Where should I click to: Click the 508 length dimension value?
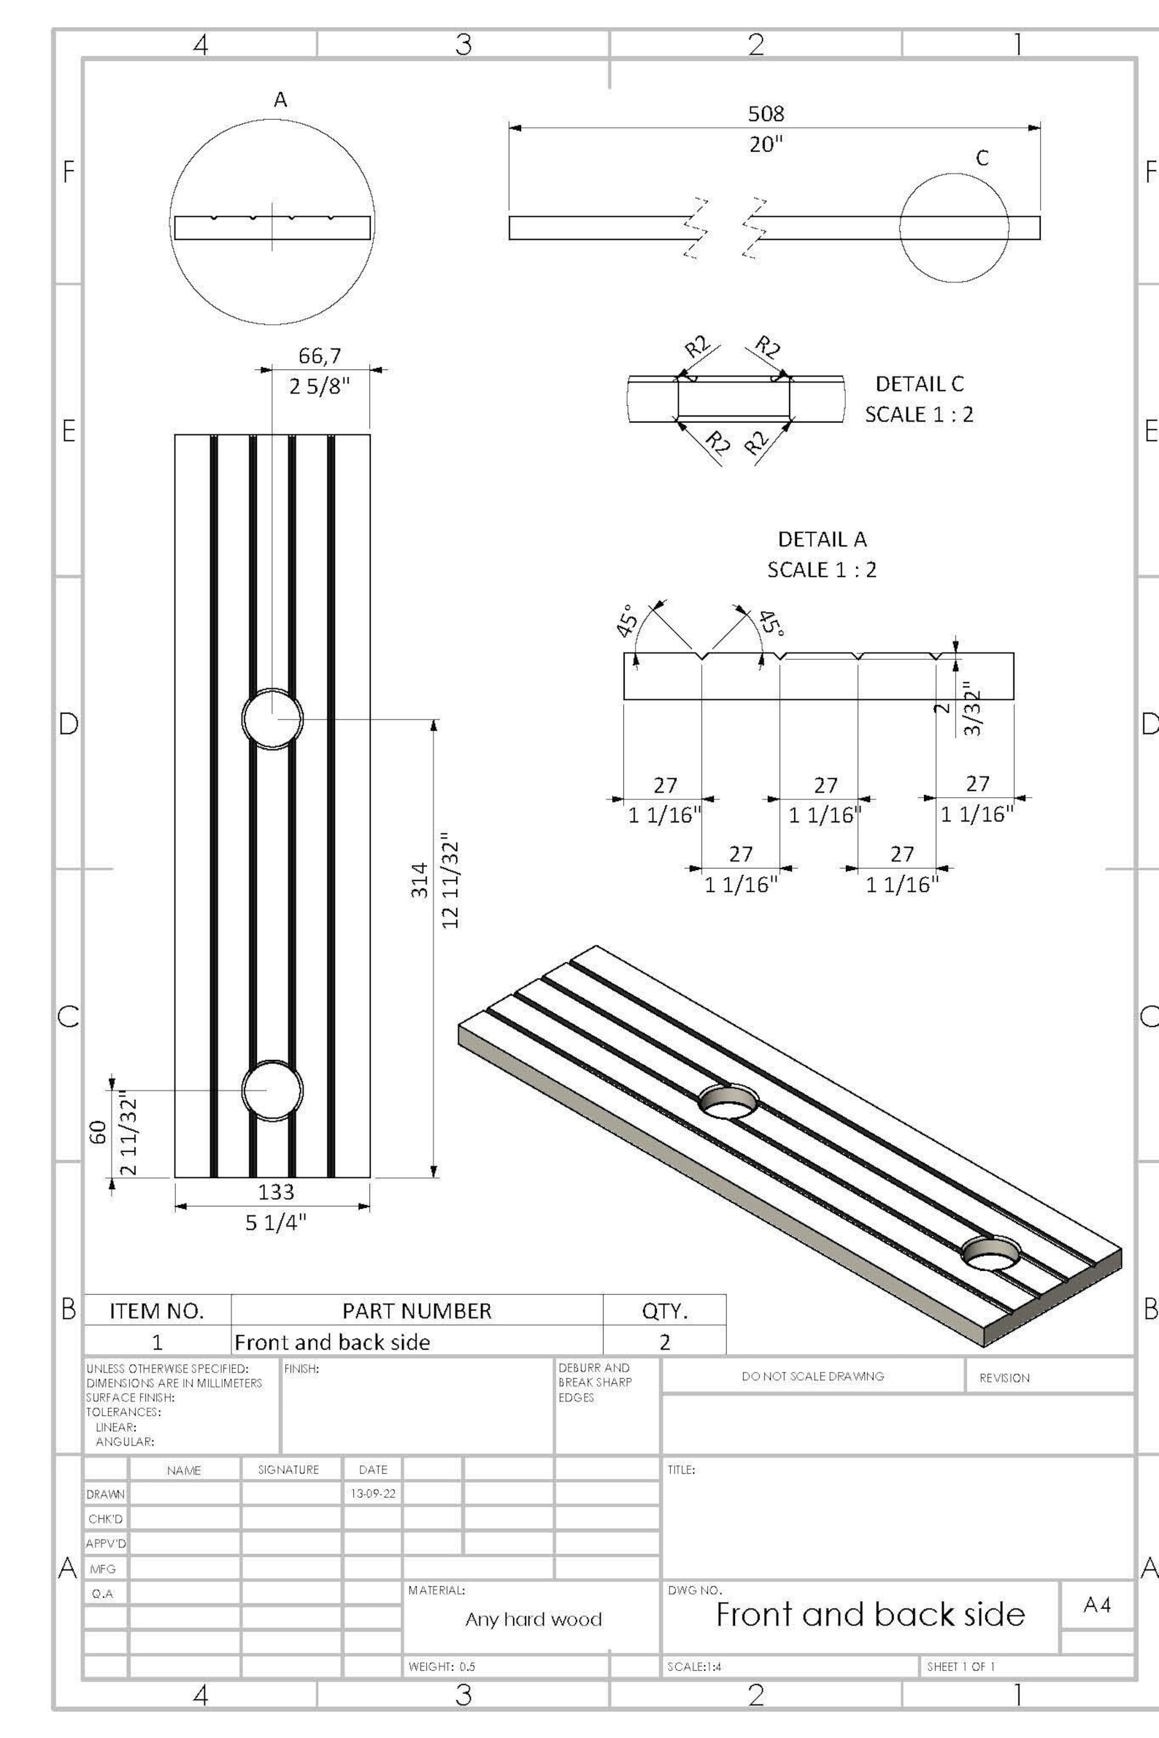coord(766,114)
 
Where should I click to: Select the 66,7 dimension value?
coord(320,355)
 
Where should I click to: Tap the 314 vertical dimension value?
coord(420,880)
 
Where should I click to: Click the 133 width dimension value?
coord(276,1191)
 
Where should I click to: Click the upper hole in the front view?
coord(272,718)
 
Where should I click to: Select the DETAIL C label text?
coord(920,384)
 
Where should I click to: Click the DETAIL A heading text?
coord(822,539)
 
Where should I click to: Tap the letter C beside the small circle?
coord(982,158)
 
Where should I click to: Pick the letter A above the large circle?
coord(280,100)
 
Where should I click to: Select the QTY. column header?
coord(664,1311)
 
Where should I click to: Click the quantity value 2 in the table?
coord(664,1342)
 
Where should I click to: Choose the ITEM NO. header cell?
coord(157,1311)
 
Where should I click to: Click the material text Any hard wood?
coord(533,1620)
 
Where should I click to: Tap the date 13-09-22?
coord(372,1493)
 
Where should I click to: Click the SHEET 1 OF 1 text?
coord(960,1666)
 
